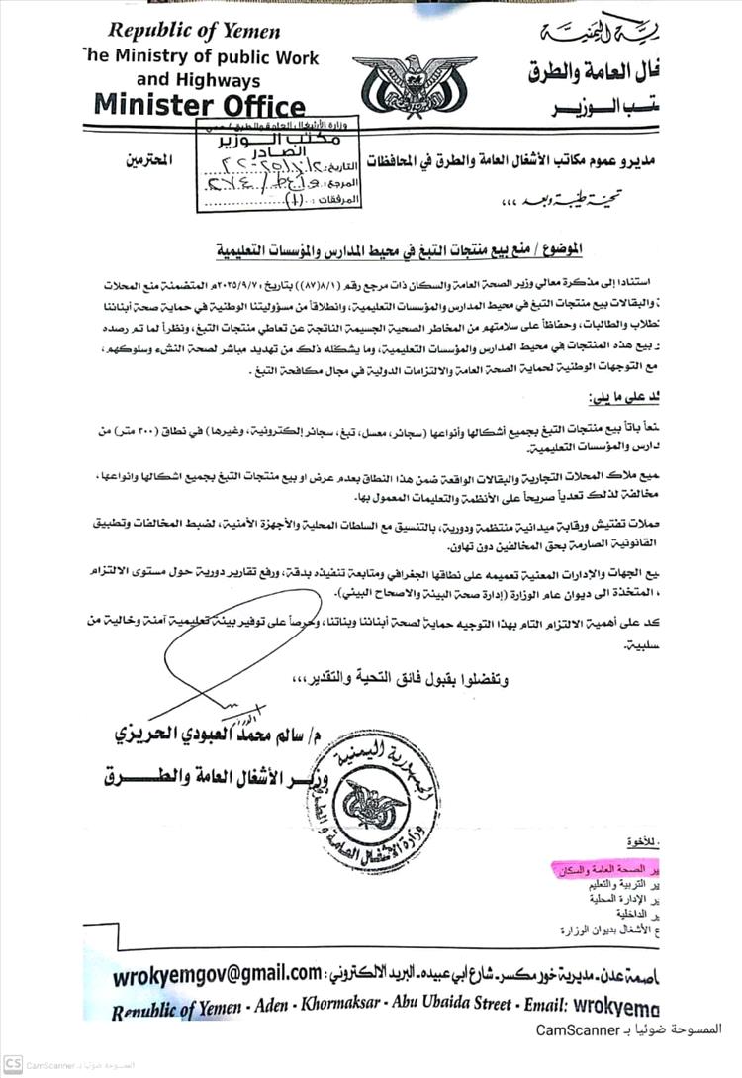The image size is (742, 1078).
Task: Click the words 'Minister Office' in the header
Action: click(200, 105)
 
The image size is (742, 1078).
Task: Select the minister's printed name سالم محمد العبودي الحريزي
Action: click(209, 734)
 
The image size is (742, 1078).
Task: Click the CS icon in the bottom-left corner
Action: click(12, 1065)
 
